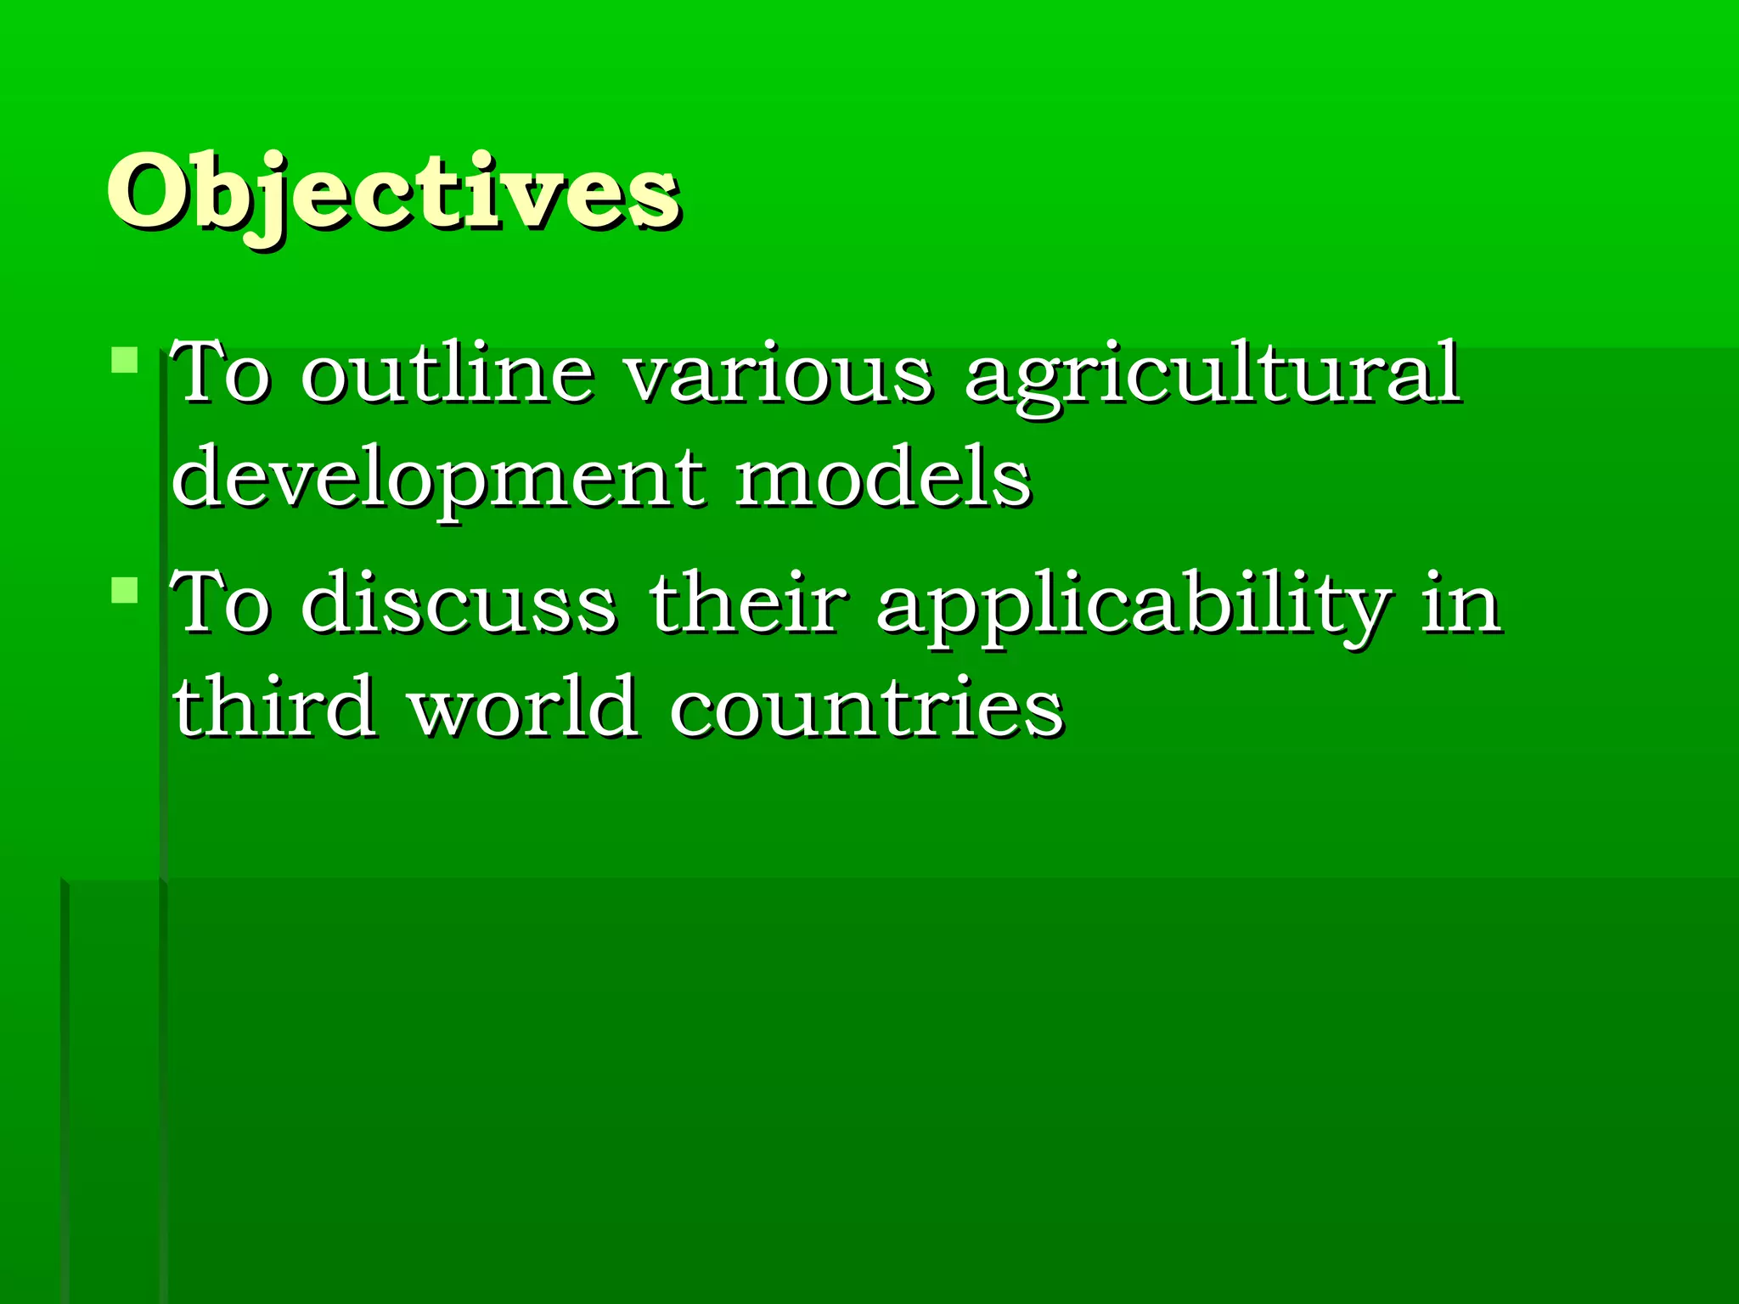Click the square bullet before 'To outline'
pyautogui.click(x=124, y=360)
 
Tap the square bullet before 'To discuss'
pyautogui.click(x=124, y=589)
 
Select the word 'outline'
pyautogui.click(x=447, y=374)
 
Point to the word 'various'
pyautogui.click(x=779, y=374)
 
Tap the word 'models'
pyautogui.click(x=883, y=477)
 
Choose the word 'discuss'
pyautogui.click(x=459, y=603)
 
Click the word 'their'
pyautogui.click(x=748, y=603)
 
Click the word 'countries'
pyautogui.click(x=866, y=706)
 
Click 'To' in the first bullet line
pyautogui.click(x=220, y=374)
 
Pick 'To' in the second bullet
pyautogui.click(x=220, y=603)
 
